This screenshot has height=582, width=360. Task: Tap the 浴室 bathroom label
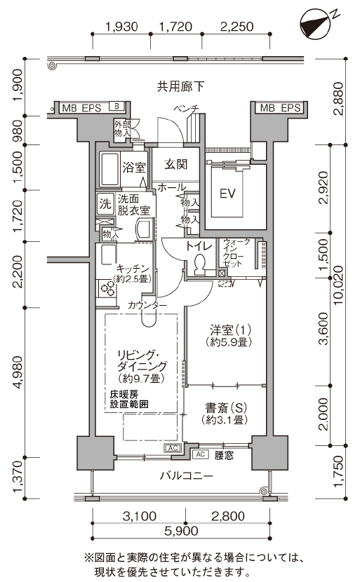[x=134, y=168]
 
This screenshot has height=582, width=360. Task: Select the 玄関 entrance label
[x=175, y=164]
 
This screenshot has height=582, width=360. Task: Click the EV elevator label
[x=227, y=194]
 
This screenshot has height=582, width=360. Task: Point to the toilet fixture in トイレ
[x=199, y=264]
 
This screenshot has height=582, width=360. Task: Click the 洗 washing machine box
[x=105, y=203]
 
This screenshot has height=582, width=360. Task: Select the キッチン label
[x=133, y=269]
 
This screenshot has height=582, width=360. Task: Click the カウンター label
[x=147, y=305]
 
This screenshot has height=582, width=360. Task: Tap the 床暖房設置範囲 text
[x=129, y=399]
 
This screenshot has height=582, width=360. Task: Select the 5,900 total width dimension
[x=181, y=531]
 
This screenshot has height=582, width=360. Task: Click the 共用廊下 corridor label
[x=180, y=87]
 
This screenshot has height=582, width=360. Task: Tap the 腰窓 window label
[x=224, y=455]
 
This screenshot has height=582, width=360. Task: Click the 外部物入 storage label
[x=122, y=129]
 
